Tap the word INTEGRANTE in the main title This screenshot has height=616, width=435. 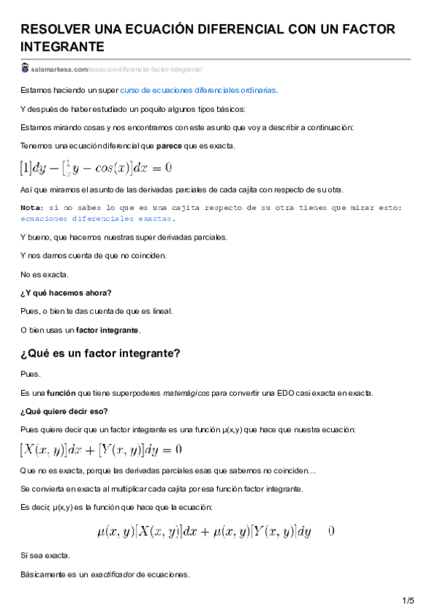coord(62,46)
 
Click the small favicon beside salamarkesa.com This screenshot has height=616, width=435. coord(25,68)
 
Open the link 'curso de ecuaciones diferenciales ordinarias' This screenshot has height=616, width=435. coord(198,90)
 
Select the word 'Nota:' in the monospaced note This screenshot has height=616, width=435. coord(32,208)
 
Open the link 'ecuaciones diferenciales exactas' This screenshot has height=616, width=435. coord(97,218)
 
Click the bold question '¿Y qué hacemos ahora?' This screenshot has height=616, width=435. coord(66,293)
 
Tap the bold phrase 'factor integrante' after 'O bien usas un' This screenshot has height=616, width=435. coord(107,331)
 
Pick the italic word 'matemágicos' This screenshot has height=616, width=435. coord(187,393)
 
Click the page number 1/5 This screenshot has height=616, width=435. coord(407,600)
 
